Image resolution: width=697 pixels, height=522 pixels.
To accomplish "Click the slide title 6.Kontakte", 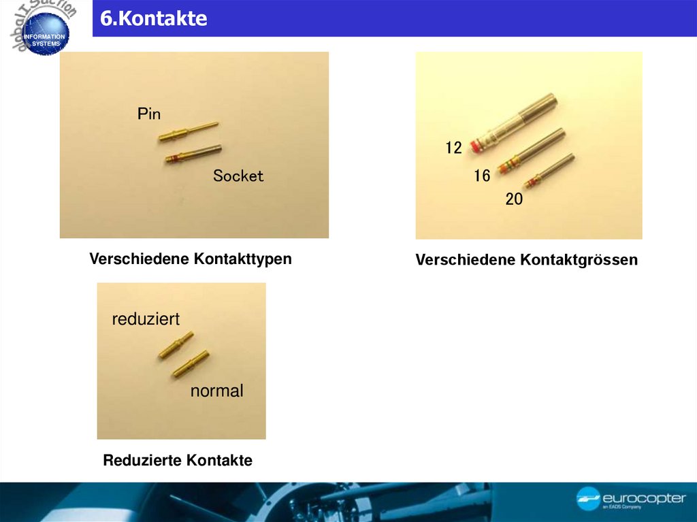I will (x=154, y=19).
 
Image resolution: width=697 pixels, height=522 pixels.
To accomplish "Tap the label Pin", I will (x=149, y=114).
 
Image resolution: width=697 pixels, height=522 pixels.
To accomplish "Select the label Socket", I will (x=238, y=176).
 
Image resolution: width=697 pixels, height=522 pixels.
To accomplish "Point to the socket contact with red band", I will (x=194, y=153).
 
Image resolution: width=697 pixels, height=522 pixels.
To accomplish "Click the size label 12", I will (x=454, y=148).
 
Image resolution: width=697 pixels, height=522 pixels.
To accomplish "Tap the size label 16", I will (x=482, y=176).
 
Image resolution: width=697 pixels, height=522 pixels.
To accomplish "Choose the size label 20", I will (x=514, y=200).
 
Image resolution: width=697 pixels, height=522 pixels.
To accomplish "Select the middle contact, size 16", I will (x=532, y=151).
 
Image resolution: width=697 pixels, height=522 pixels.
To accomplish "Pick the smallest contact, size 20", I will (x=550, y=171).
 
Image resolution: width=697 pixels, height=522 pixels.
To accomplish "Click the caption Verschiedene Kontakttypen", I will (x=191, y=259).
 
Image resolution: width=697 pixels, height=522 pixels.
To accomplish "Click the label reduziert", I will (x=146, y=319).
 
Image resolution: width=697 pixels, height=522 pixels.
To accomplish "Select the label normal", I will (x=216, y=391).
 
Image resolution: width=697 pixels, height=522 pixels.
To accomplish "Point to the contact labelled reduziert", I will (x=176, y=344).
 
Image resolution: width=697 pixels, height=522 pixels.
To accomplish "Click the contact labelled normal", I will (x=191, y=364).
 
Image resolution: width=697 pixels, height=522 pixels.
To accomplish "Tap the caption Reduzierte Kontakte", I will (x=178, y=461).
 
